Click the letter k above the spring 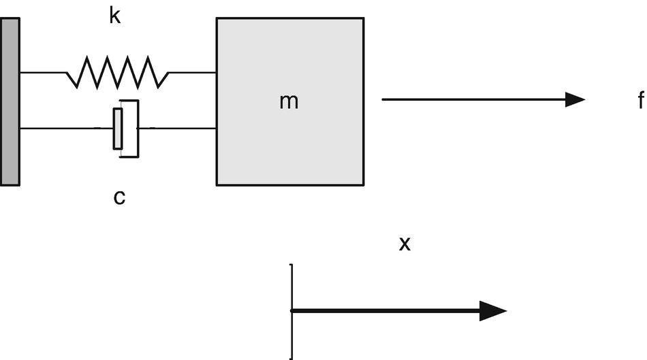[114, 16]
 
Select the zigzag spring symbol [116, 72]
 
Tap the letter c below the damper [119, 197]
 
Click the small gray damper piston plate [118, 128]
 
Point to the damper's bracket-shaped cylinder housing [137, 128]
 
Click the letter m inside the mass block [289, 101]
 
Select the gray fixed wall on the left [10, 101]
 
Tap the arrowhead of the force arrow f [575, 99]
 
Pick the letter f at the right [640, 101]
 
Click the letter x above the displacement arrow [405, 244]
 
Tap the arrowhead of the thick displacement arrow [493, 311]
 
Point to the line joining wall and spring [42, 72]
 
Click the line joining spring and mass [192, 72]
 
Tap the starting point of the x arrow [292, 311]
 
